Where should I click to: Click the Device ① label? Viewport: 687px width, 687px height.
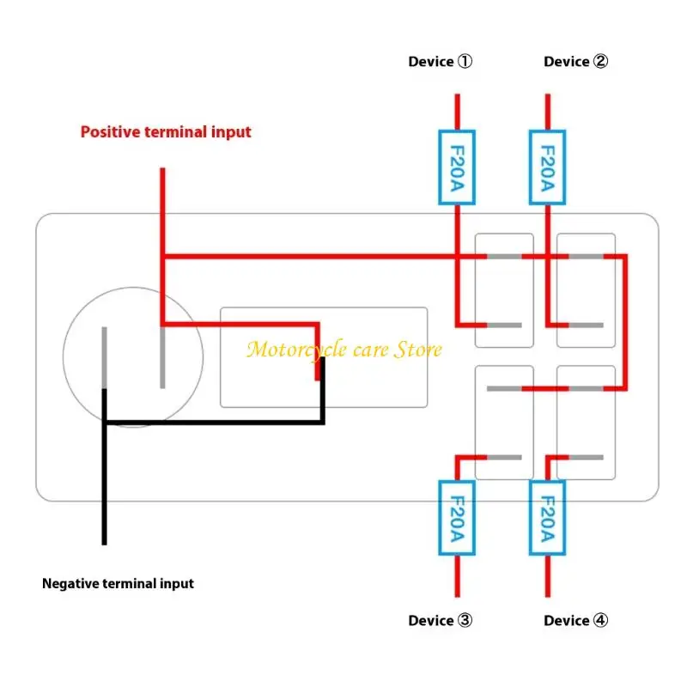(x=441, y=61)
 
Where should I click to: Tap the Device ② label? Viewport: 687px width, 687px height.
(x=575, y=61)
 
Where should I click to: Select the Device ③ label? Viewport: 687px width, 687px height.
(x=441, y=620)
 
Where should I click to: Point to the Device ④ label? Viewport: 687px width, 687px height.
(x=575, y=620)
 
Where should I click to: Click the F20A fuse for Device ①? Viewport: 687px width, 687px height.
(x=457, y=167)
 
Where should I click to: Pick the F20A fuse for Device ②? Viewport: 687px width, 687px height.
(x=548, y=167)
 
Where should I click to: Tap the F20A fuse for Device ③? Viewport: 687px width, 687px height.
(x=457, y=518)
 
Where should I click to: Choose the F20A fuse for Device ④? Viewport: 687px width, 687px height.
(x=548, y=518)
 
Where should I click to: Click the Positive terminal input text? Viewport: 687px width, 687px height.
(x=166, y=132)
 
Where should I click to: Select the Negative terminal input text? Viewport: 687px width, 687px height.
(x=118, y=584)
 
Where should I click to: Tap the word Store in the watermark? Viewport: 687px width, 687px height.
(x=418, y=350)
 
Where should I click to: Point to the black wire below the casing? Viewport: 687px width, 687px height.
(x=104, y=523)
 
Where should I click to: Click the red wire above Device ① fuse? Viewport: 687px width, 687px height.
(x=458, y=112)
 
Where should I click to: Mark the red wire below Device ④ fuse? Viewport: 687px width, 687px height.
(x=548, y=576)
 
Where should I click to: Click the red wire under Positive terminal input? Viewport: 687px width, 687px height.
(x=162, y=191)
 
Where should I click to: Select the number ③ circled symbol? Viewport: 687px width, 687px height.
(x=465, y=620)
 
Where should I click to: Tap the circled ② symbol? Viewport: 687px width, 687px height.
(x=600, y=61)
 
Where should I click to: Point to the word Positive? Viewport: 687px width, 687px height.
(x=110, y=131)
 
